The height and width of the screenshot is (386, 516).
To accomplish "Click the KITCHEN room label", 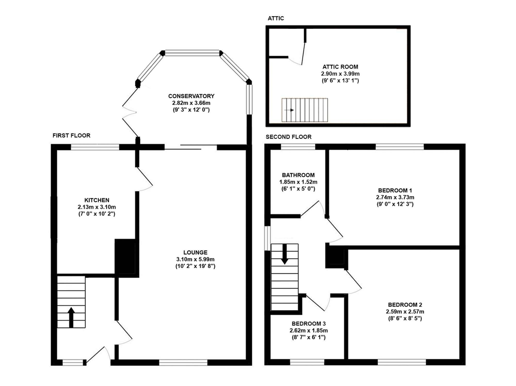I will tap(97, 200).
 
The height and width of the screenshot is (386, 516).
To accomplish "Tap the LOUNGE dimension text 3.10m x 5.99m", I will tap(195, 259).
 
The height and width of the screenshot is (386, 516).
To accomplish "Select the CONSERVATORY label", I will tap(191, 96).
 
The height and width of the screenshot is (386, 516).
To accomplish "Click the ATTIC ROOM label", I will tap(340, 67).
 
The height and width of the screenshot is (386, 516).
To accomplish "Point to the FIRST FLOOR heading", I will tap(71, 135).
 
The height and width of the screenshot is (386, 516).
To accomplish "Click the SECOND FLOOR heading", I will tap(288, 137).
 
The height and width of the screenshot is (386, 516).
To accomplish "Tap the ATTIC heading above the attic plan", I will tap(276, 18).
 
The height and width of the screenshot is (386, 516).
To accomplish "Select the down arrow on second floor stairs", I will tap(285, 254).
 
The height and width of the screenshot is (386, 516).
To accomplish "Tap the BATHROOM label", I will tap(298, 175).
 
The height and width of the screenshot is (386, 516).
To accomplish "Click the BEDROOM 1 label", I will tap(395, 191).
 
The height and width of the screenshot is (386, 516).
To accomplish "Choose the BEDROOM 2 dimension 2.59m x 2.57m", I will tap(405, 312).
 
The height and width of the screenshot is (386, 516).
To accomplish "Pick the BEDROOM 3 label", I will tap(309, 324).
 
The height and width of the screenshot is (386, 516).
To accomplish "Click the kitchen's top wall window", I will tap(95, 147).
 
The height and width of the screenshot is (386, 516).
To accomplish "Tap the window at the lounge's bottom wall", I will tap(183, 363).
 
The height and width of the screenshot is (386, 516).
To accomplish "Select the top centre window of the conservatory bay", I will tap(192, 53).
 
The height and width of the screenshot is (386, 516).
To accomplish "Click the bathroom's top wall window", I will tap(298, 147).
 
